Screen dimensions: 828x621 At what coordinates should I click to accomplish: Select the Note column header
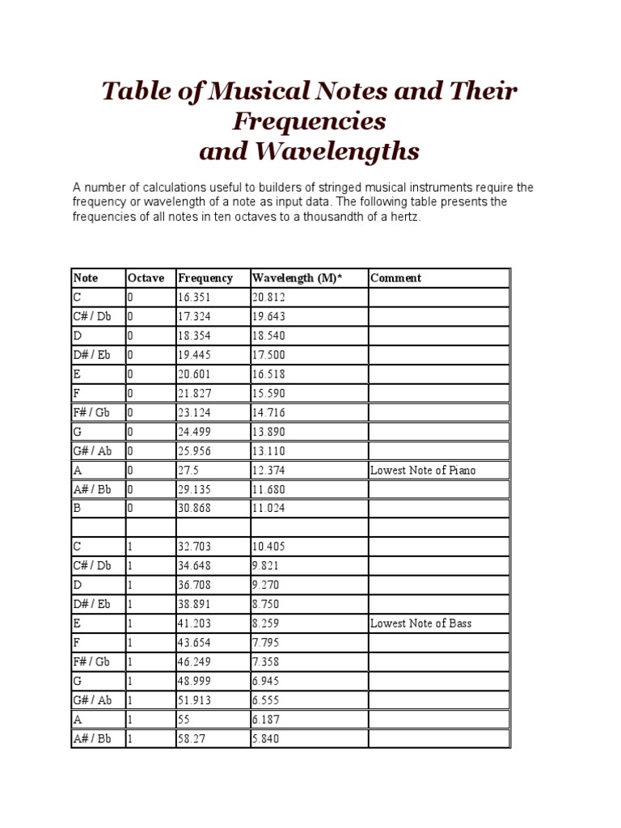pos(86,278)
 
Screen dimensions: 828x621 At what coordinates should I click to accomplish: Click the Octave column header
pos(146,278)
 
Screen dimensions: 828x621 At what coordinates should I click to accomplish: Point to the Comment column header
pos(395,278)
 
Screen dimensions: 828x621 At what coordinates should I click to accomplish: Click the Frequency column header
pos(205,278)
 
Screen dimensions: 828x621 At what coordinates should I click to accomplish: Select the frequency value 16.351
pos(194,298)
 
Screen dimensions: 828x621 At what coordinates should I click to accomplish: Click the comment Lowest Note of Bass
pos(420,623)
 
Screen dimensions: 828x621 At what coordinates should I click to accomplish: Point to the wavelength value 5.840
pos(266,739)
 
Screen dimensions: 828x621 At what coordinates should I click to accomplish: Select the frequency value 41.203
pos(194,623)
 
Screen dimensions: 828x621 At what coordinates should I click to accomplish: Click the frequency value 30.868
pos(194,509)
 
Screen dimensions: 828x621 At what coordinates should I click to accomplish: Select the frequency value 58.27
pos(191,739)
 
